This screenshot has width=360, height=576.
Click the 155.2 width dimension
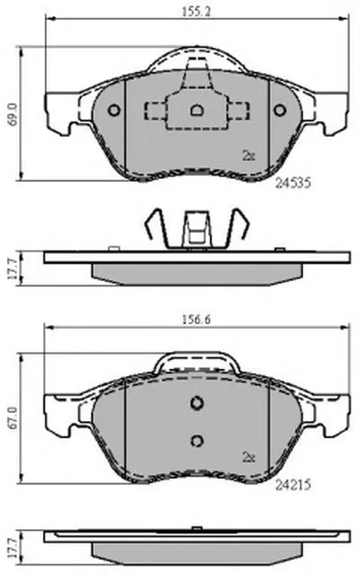point(196,12)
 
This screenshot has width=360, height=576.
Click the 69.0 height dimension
point(12,114)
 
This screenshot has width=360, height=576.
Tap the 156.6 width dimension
point(196,319)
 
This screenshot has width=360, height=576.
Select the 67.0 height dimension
point(12,418)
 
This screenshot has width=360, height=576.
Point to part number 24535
point(293,183)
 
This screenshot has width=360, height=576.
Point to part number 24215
point(293,485)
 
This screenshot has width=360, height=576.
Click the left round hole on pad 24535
point(114,110)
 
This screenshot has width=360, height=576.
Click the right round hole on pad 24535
point(280,110)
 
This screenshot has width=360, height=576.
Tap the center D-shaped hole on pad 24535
point(197,110)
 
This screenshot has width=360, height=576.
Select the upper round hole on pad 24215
point(197,403)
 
